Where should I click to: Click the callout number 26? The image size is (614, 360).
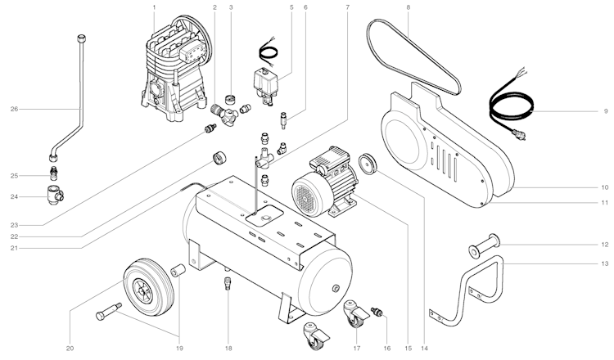[14, 109]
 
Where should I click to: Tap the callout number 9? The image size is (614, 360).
[606, 111]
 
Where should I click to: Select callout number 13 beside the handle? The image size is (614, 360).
[605, 263]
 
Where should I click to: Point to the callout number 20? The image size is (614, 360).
[70, 349]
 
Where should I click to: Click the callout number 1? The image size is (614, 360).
[154, 7]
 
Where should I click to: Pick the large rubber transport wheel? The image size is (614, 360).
[148, 287]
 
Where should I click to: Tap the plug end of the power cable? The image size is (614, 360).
[519, 135]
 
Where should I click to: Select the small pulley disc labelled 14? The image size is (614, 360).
[368, 164]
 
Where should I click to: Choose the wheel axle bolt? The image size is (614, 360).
[109, 311]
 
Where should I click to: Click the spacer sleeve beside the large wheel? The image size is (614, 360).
[178, 270]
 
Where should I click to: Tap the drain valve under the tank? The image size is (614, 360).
[228, 283]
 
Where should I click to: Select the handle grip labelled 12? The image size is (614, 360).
[485, 245]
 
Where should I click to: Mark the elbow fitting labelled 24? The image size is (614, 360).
[55, 194]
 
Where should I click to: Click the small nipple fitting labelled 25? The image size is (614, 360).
[54, 173]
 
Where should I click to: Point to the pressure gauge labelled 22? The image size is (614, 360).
[219, 158]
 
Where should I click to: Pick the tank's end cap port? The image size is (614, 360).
[336, 288]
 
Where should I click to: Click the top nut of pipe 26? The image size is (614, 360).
[81, 38]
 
